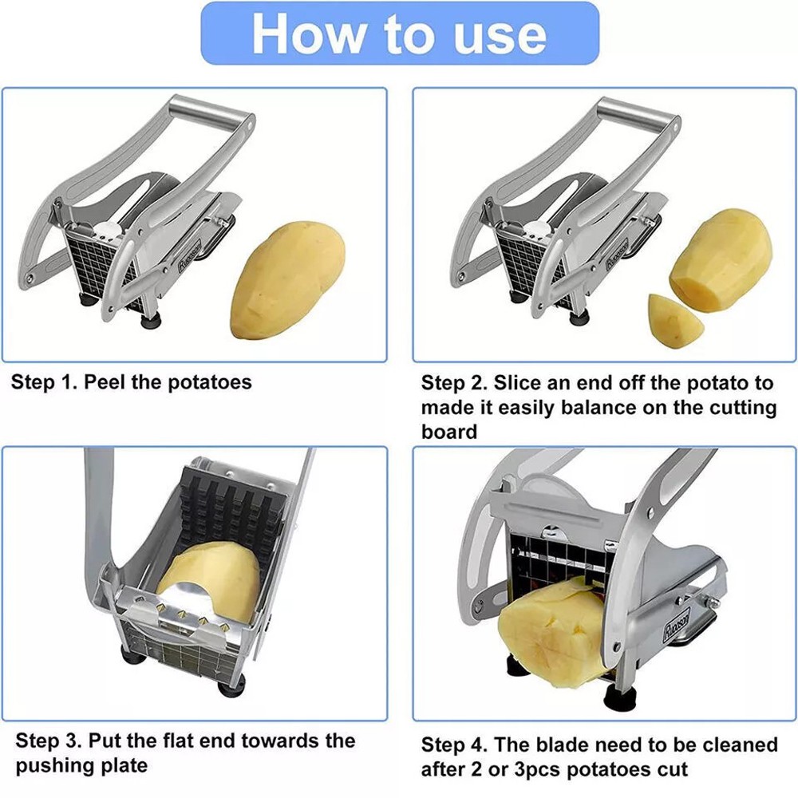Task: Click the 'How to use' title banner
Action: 400,33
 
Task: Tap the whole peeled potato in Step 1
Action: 287,280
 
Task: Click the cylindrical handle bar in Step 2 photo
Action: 638,115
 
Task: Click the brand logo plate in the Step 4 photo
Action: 677,624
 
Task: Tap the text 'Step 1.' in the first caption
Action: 44,381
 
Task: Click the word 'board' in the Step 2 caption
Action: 448,432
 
